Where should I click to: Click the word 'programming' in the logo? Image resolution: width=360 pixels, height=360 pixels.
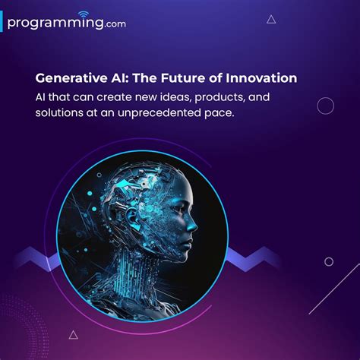pos(53,23)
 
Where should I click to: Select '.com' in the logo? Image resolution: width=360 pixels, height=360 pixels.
pos(115,24)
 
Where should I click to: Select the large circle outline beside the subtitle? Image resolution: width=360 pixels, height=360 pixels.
pos(325,106)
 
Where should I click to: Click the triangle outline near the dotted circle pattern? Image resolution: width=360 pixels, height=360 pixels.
pos(74,334)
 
